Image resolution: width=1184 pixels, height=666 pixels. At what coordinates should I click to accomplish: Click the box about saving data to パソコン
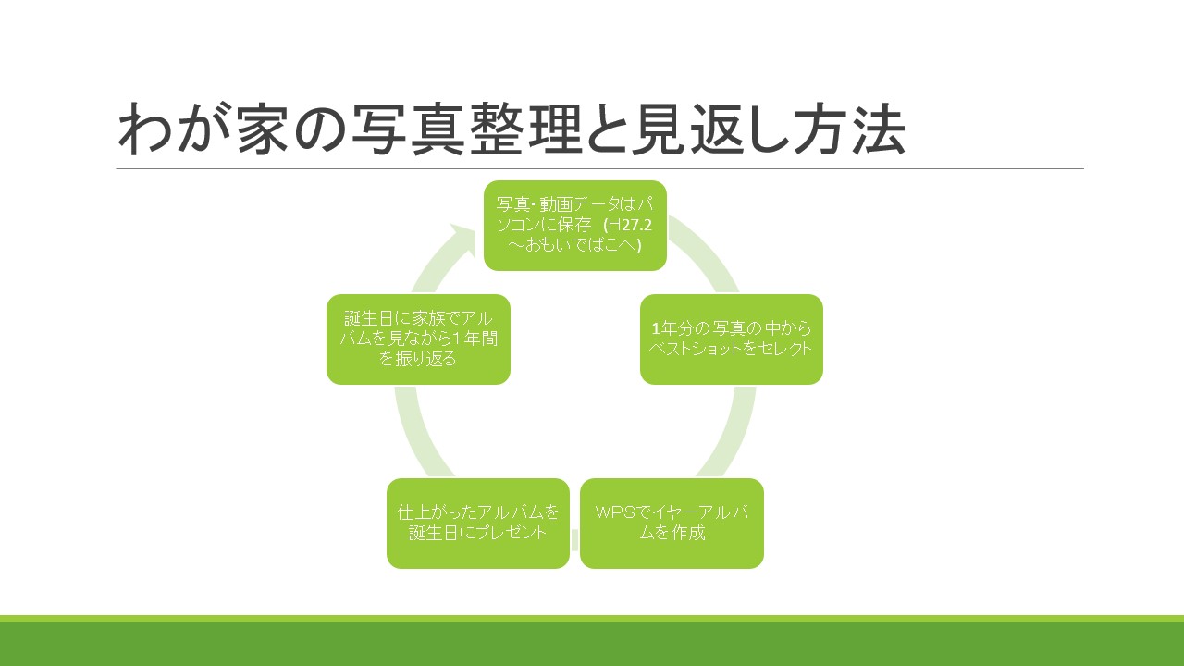tap(575, 226)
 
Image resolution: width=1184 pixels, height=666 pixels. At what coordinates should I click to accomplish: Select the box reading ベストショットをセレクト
tap(732, 339)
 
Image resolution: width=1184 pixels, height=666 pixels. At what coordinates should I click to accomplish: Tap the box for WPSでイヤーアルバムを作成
tap(672, 524)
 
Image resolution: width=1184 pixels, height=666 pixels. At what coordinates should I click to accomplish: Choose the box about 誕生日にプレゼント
tap(478, 524)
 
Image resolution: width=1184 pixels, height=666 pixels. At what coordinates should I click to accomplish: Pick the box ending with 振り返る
tap(418, 339)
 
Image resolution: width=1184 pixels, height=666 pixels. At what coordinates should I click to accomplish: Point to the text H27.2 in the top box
tap(630, 225)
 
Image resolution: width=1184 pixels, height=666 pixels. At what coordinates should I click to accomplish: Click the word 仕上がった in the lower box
tap(438, 512)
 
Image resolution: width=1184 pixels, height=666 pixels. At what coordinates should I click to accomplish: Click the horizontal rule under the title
tap(600, 168)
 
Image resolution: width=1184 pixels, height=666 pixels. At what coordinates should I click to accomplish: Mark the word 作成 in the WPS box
tap(689, 532)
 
